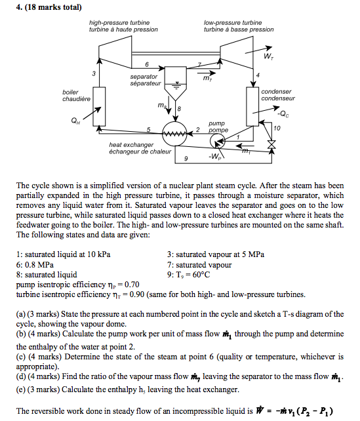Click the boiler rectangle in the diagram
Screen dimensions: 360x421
pos(99,106)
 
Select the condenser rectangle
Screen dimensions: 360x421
pos(252,106)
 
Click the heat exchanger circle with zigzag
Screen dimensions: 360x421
pos(174,133)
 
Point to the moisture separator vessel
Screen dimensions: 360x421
pos(175,83)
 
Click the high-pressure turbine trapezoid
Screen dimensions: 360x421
pos(115,52)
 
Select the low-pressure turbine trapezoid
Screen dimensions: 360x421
pos(237,52)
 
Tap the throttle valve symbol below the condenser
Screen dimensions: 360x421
pos(271,144)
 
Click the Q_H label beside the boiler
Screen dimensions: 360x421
pos(75,121)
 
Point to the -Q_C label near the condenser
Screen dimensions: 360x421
pos(283,114)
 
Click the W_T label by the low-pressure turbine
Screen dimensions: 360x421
pos(268,56)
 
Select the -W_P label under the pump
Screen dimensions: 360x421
pos(215,157)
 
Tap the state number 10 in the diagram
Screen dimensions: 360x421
pos(277,129)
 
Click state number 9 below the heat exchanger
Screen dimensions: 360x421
pos(186,159)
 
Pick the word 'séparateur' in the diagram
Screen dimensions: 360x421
pos(146,83)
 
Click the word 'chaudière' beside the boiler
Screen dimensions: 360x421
pos(76,99)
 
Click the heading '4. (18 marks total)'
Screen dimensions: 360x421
pos(49,7)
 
